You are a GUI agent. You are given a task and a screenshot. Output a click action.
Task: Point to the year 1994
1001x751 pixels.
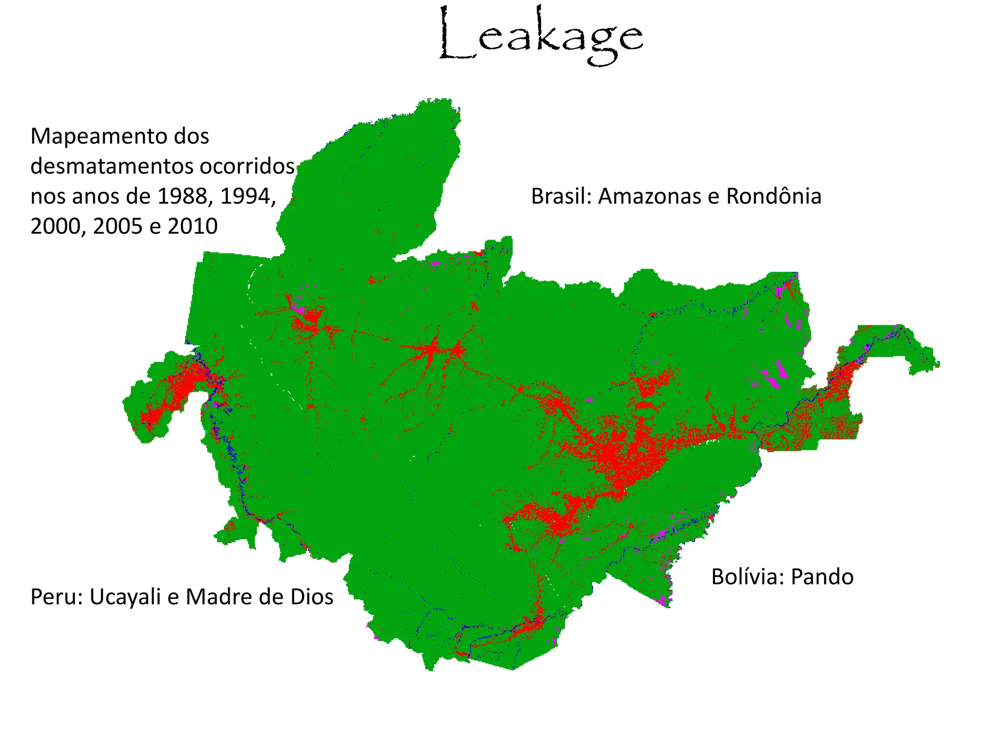click(247, 197)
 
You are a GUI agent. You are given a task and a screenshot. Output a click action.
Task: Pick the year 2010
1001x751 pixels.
click(193, 226)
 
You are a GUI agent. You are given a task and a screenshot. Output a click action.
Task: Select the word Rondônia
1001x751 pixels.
click(773, 197)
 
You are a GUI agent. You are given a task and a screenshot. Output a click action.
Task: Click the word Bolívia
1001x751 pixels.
click(747, 577)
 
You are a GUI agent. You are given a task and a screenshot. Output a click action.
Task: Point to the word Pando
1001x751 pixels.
click(822, 577)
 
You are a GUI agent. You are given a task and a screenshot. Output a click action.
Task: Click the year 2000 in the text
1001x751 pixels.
click(58, 226)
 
